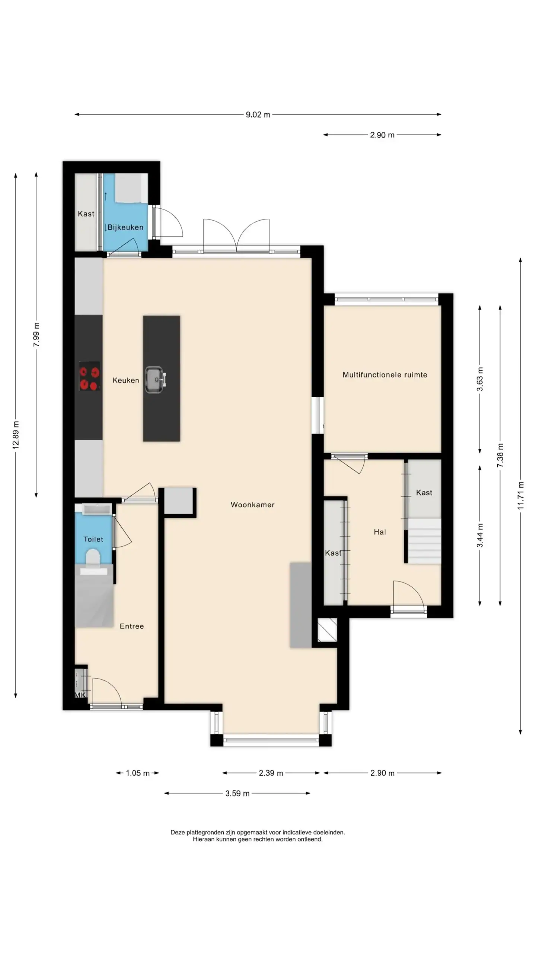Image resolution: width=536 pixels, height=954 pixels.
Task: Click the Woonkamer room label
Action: (x=252, y=505)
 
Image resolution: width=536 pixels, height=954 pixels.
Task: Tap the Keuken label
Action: (x=126, y=380)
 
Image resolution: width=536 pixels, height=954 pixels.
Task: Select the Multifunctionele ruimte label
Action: (x=385, y=375)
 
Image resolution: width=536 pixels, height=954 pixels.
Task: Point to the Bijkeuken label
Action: (x=125, y=227)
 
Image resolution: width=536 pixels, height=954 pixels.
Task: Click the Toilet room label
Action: (x=93, y=539)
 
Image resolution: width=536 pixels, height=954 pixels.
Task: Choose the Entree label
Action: (x=132, y=626)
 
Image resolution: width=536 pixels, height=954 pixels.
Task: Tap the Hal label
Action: (x=380, y=532)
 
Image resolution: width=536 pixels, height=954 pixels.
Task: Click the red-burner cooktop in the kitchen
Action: (x=89, y=376)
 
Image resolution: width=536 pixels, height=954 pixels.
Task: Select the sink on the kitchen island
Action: (x=155, y=380)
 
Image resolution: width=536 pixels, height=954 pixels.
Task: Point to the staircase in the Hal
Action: (x=424, y=541)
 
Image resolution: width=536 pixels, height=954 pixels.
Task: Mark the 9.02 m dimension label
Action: (x=258, y=114)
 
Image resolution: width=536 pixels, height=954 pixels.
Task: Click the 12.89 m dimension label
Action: (x=16, y=435)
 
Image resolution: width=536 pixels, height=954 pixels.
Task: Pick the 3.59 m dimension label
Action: (x=237, y=793)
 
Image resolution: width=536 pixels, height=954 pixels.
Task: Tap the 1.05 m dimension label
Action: (x=138, y=773)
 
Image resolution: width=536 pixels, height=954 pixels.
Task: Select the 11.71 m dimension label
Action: (x=520, y=496)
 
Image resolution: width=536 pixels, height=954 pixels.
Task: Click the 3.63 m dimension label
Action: (x=480, y=379)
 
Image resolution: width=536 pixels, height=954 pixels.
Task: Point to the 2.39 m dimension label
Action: (x=271, y=773)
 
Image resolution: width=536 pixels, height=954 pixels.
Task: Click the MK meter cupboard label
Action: (x=80, y=695)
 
